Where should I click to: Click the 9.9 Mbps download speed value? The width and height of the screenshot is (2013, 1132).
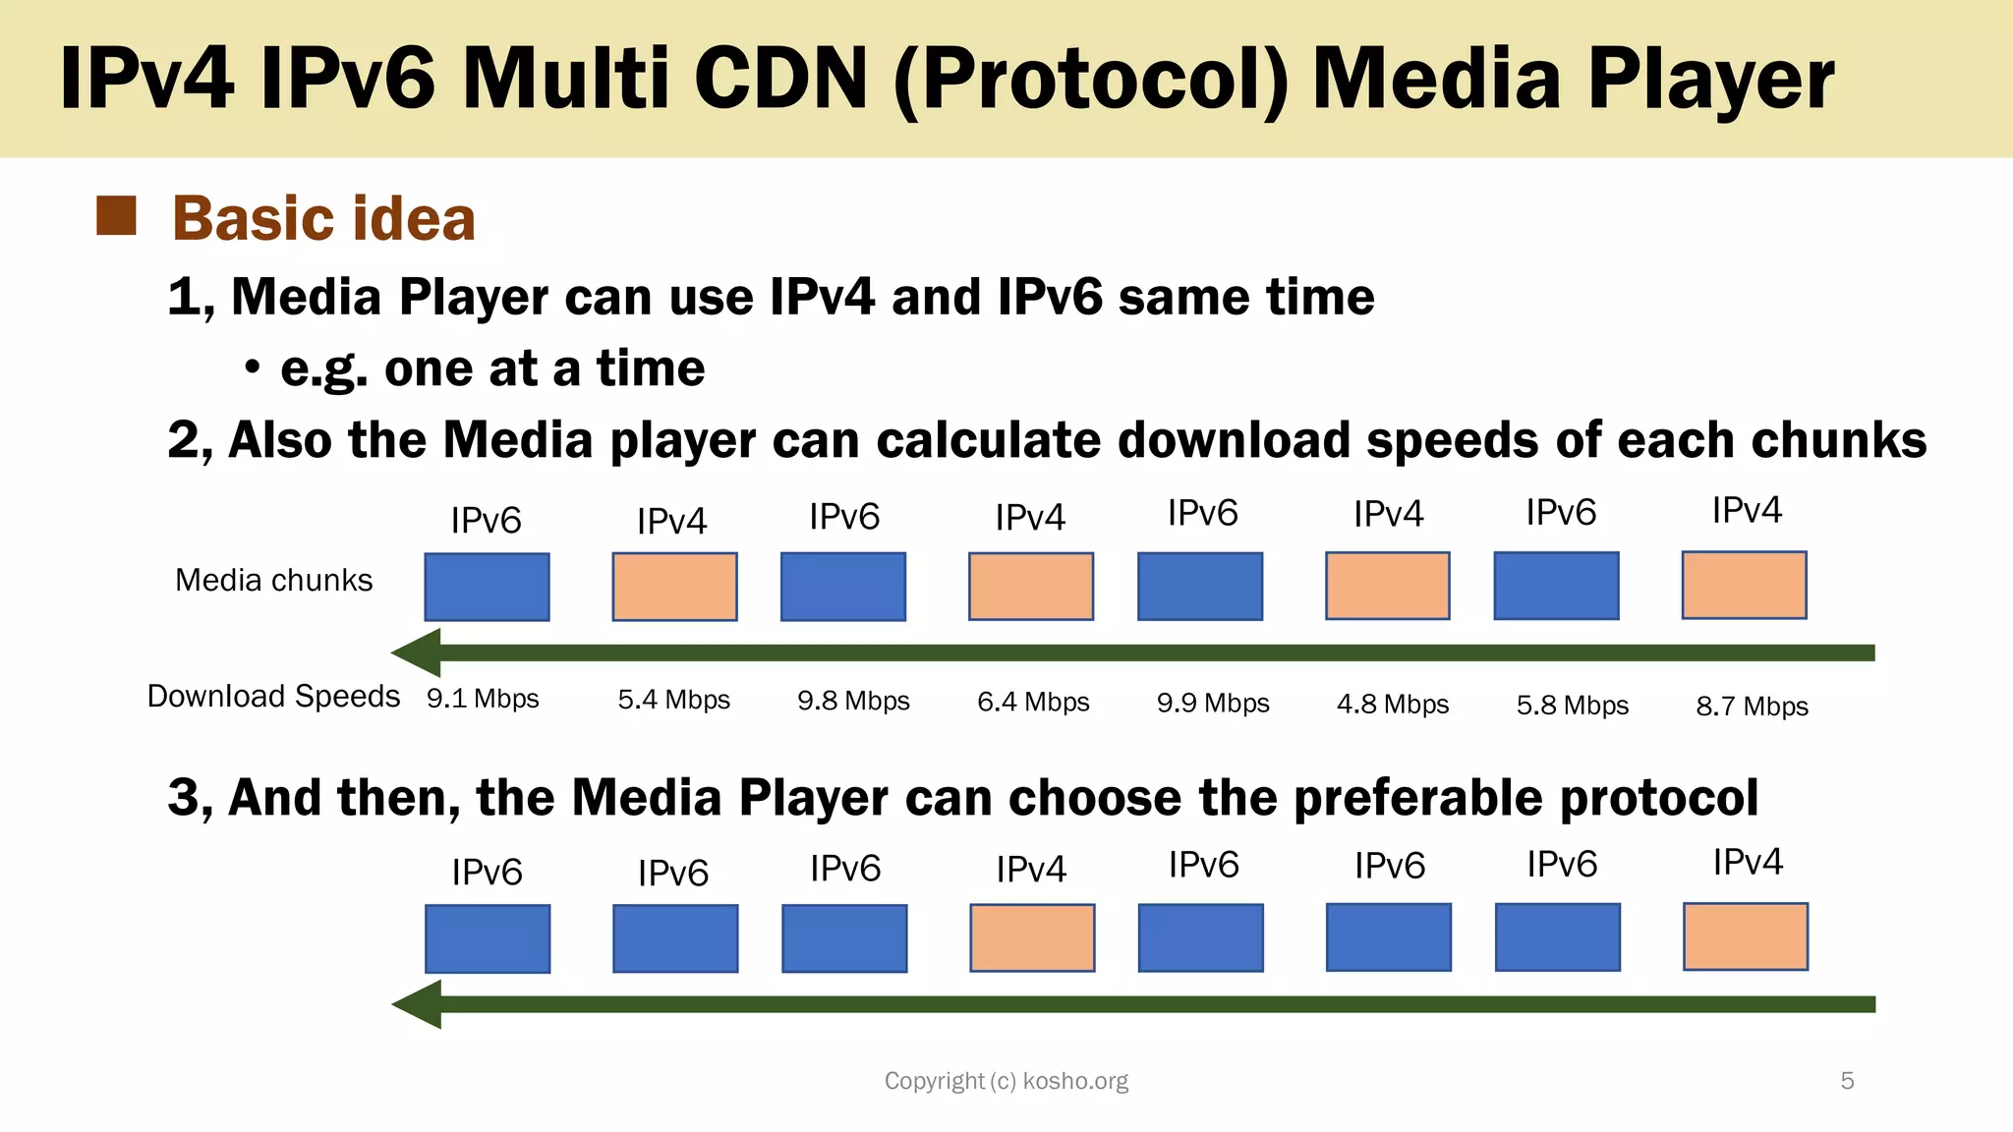click(x=1213, y=704)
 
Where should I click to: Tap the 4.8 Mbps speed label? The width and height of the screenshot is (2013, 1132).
click(x=1393, y=705)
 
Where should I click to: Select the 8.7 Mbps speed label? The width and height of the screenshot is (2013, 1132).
click(x=1752, y=707)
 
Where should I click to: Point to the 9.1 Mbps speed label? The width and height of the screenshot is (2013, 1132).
click(x=483, y=699)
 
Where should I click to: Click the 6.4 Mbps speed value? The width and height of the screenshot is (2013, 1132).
click(x=1033, y=703)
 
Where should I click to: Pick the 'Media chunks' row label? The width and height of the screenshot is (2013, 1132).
click(x=273, y=581)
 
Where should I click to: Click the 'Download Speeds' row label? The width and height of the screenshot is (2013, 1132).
click(x=273, y=697)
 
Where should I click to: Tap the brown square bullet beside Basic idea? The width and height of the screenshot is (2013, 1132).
click(x=116, y=216)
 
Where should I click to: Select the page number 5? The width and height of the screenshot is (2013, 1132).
click(x=1847, y=1081)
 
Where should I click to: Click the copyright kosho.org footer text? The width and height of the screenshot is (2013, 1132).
click(x=1006, y=1081)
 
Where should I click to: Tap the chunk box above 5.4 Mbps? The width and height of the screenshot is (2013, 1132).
click(x=674, y=587)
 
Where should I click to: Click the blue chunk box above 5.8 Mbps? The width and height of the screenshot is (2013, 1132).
click(x=1556, y=586)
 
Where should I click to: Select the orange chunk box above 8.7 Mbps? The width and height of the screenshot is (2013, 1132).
click(x=1744, y=585)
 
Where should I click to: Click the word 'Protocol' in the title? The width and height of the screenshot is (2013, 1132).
click(x=1091, y=81)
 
